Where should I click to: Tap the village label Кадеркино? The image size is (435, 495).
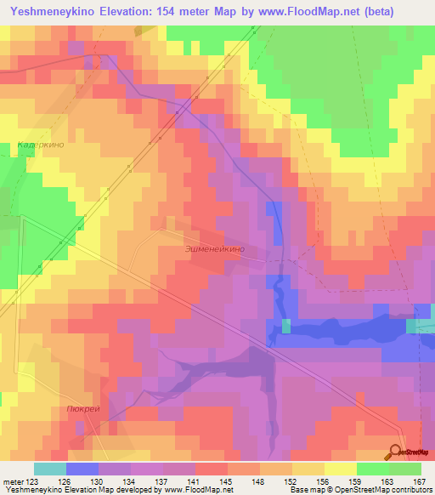pyautogui.click(x=40, y=146)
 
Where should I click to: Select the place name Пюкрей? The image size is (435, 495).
pyautogui.click(x=81, y=408)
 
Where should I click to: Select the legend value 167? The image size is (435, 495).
pyautogui.click(x=421, y=481)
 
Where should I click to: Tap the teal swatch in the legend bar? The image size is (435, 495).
pyautogui.click(x=49, y=469)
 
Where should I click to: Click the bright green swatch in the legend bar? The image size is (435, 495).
pyautogui.click(x=373, y=469)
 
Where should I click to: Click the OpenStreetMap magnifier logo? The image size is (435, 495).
pyautogui.click(x=397, y=452)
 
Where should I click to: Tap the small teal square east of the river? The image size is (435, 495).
pyautogui.click(x=286, y=326)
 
